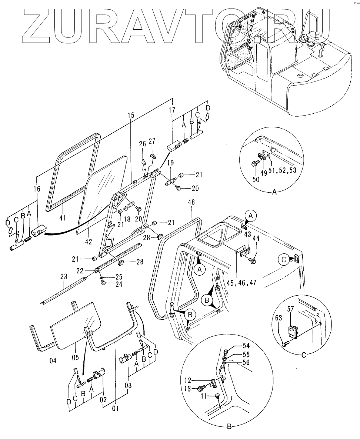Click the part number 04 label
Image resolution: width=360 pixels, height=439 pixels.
pos(53,360)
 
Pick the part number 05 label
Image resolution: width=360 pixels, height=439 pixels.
pos(76,357)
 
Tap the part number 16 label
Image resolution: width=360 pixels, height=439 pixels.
pos(37,189)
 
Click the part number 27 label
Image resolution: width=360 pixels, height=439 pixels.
pos(152,141)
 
